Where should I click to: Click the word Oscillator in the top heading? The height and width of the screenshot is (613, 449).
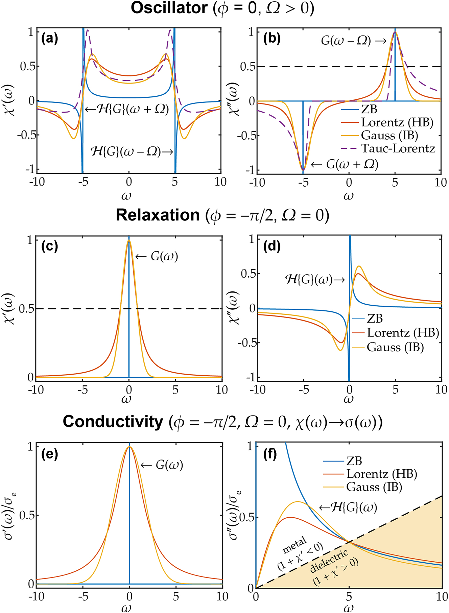point(169,8)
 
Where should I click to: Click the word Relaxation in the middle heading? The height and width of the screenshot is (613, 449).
point(158,215)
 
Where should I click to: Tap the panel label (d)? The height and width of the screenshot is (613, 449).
point(271,246)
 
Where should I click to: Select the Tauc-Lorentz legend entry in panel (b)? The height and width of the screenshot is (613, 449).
point(398,148)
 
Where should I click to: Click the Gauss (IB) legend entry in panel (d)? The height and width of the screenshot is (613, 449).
point(395,347)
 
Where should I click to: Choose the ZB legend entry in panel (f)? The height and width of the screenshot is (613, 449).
point(354,461)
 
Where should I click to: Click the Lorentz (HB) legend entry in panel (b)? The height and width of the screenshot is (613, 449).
point(397,122)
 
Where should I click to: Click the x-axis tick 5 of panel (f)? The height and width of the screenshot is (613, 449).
point(349,596)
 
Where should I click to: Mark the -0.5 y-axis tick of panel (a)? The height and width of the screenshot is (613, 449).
point(27,135)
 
